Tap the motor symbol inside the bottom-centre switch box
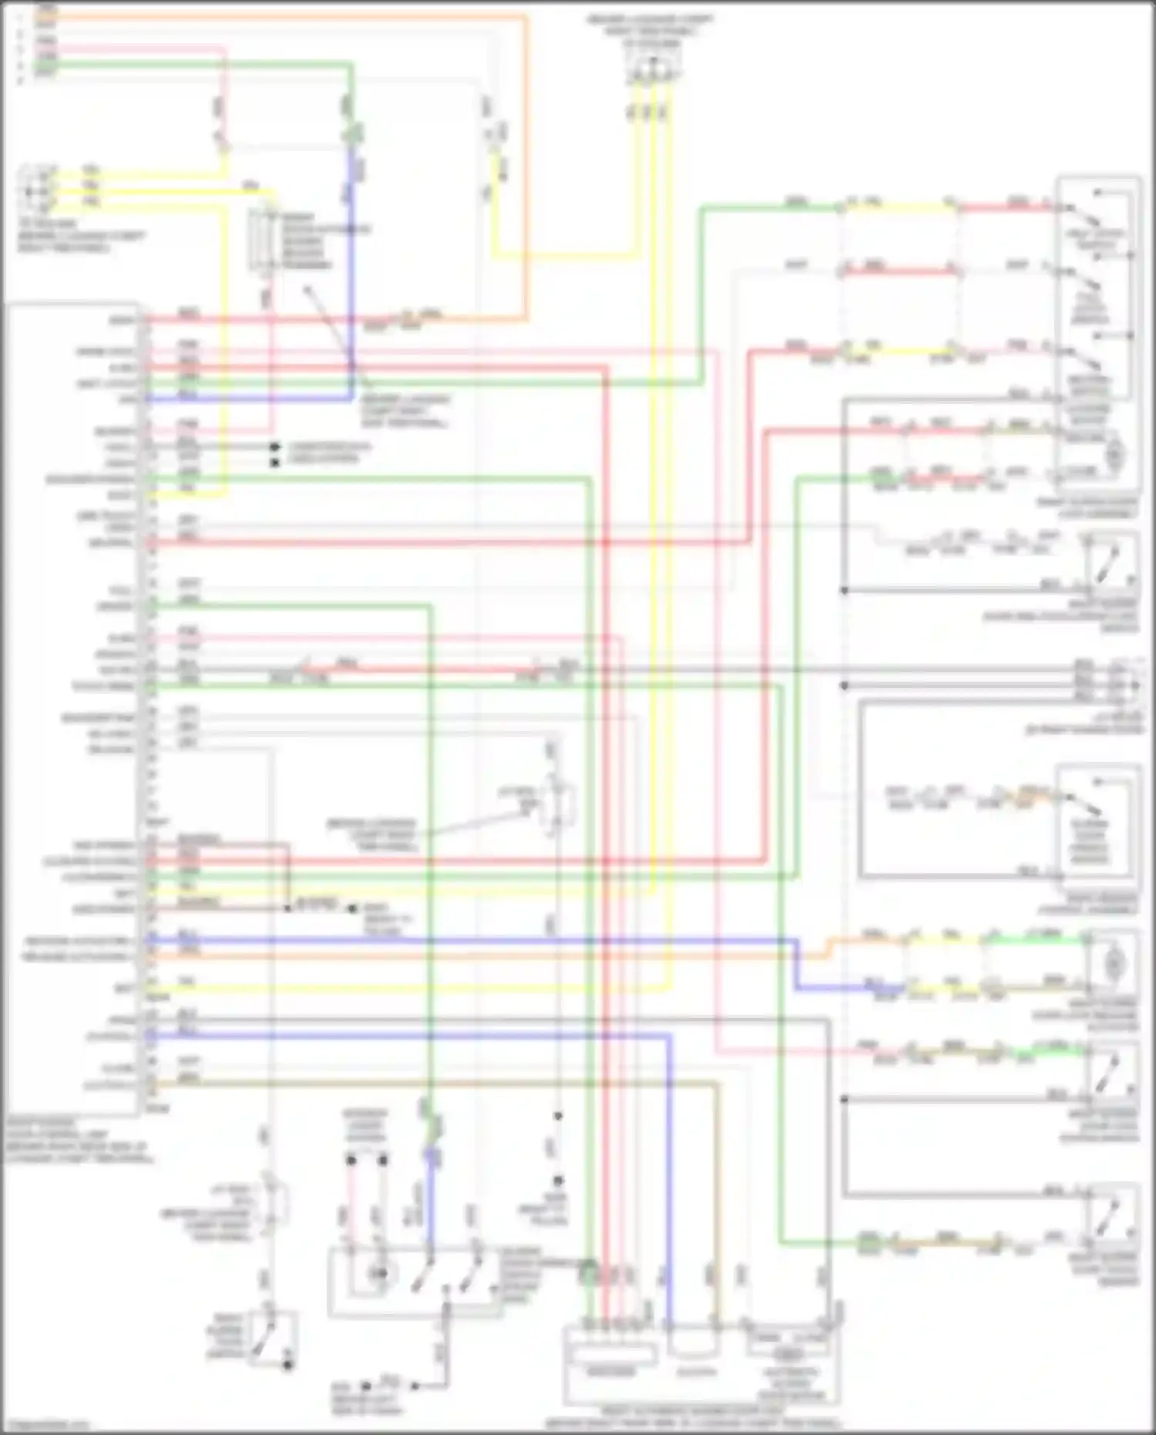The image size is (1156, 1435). point(378,1274)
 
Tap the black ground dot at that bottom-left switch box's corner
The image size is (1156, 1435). point(287,1365)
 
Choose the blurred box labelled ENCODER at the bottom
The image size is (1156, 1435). point(611,1372)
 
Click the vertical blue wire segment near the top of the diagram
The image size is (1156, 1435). point(351,270)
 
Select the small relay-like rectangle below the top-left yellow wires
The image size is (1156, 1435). point(263,240)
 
